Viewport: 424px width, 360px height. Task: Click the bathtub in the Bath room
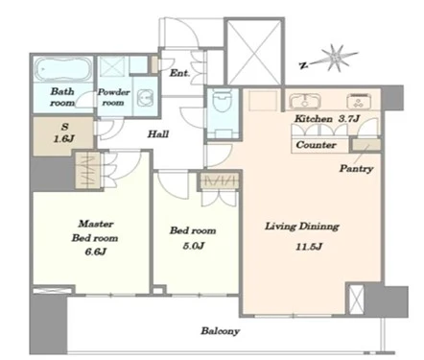coord(63,69)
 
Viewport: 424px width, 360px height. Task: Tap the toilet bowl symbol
coord(223,100)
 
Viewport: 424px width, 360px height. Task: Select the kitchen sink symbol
coord(304,100)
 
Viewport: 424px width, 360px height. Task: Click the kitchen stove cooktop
coord(359,101)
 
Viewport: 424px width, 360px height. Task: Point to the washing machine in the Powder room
coord(146,97)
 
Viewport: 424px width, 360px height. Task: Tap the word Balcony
coord(221,331)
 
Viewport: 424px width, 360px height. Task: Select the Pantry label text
coord(356,169)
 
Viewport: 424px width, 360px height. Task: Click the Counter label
coord(316,145)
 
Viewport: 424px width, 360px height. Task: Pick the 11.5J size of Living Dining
coord(309,247)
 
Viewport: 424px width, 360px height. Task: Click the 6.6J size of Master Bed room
coord(95,252)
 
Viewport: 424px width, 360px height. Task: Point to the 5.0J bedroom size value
coord(194,246)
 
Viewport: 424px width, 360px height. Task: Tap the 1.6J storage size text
coord(64,139)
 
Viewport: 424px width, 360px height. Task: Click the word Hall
coord(158,133)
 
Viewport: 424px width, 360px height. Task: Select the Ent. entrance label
coord(179,73)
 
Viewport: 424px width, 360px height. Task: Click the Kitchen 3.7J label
coord(327,119)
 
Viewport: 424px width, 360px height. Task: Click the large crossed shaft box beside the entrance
coord(254,52)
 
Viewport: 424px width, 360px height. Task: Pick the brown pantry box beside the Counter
coord(366,145)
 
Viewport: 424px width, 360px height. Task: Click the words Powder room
coord(113,97)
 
